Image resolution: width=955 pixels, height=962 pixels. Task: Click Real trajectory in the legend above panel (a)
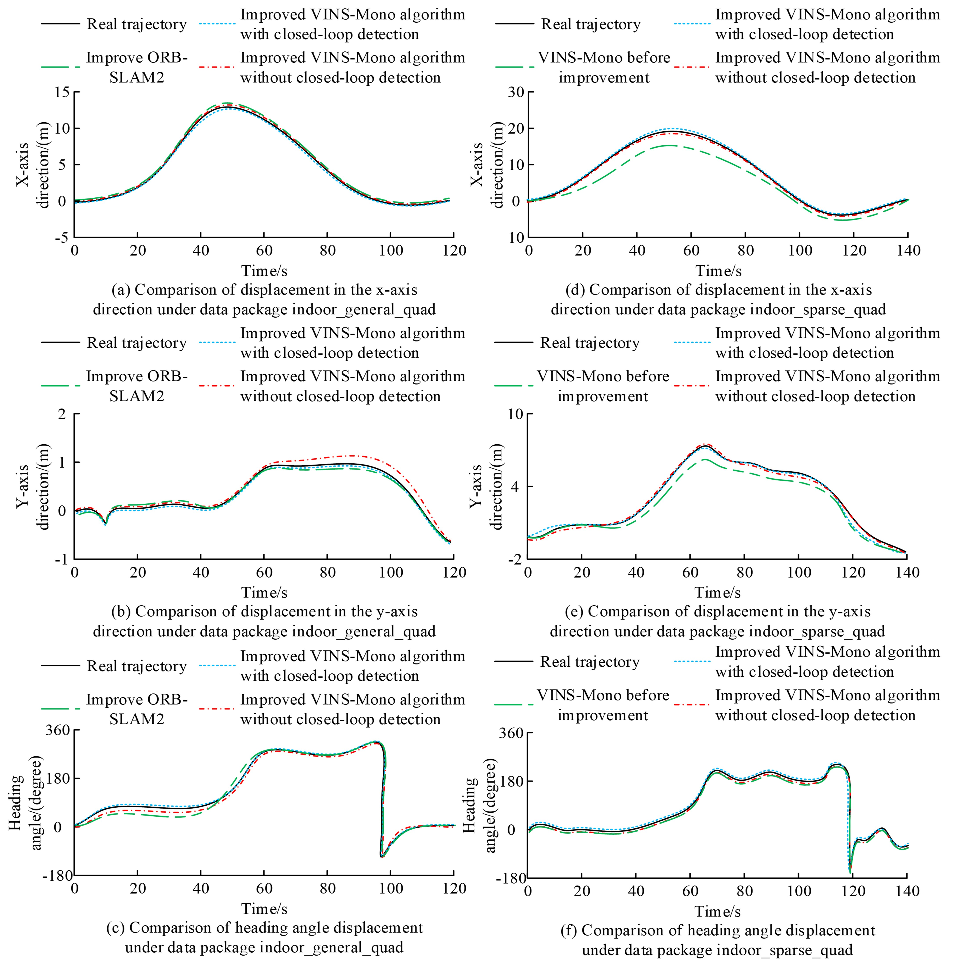(136, 24)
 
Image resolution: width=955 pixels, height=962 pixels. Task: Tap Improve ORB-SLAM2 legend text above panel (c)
(137, 709)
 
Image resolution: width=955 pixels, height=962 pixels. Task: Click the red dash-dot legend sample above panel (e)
(691, 386)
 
